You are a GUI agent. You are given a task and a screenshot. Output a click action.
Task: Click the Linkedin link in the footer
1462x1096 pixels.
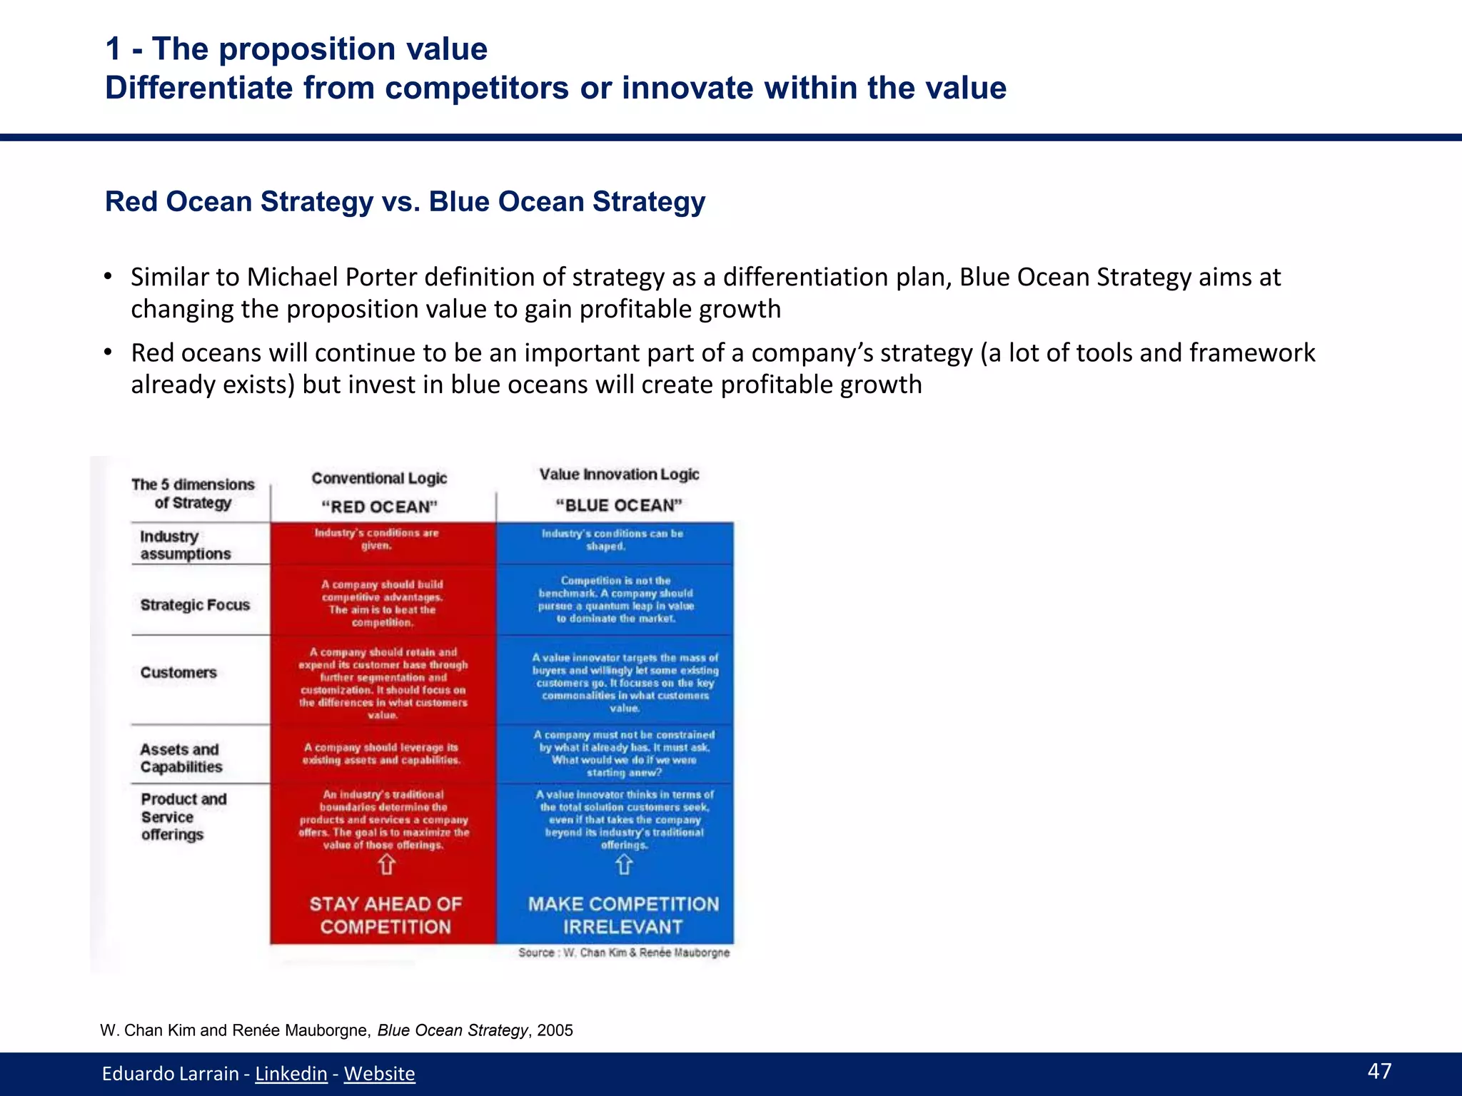click(x=291, y=1073)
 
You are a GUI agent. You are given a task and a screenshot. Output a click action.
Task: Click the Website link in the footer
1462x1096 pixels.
click(x=379, y=1073)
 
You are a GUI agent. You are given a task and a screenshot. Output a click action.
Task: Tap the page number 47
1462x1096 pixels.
click(x=1379, y=1070)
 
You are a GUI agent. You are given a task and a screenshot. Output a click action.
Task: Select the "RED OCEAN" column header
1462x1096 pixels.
click(x=379, y=507)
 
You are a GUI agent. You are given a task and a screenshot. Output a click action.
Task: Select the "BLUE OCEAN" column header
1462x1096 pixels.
click(x=619, y=505)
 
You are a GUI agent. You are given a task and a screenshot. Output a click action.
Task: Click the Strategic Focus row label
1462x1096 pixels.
click(x=195, y=605)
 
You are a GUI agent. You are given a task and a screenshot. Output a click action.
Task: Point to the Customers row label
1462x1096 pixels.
click(x=178, y=672)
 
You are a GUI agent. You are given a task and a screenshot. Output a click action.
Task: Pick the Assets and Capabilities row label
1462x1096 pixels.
click(x=181, y=758)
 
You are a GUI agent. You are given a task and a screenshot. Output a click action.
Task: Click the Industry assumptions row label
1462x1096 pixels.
click(x=185, y=545)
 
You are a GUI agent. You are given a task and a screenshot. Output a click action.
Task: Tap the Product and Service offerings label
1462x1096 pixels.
click(x=183, y=816)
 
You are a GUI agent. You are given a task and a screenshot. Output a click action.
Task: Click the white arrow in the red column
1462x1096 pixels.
click(x=386, y=865)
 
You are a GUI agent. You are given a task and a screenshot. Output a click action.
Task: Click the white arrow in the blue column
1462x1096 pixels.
click(x=623, y=865)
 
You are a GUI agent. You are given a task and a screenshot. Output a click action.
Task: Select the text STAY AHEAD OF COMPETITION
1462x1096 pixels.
click(x=385, y=915)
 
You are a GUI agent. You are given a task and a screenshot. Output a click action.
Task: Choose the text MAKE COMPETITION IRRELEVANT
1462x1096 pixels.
click(x=623, y=915)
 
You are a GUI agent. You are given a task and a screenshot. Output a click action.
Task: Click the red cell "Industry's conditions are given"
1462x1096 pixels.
click(x=377, y=539)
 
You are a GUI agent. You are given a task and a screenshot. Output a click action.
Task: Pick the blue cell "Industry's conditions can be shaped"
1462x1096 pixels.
click(x=612, y=539)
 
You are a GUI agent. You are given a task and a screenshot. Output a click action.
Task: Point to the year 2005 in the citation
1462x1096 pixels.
click(x=555, y=1030)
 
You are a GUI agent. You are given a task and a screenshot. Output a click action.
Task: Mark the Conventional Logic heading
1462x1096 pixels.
click(x=379, y=478)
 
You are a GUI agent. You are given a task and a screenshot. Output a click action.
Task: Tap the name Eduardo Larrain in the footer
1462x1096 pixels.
click(x=170, y=1073)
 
